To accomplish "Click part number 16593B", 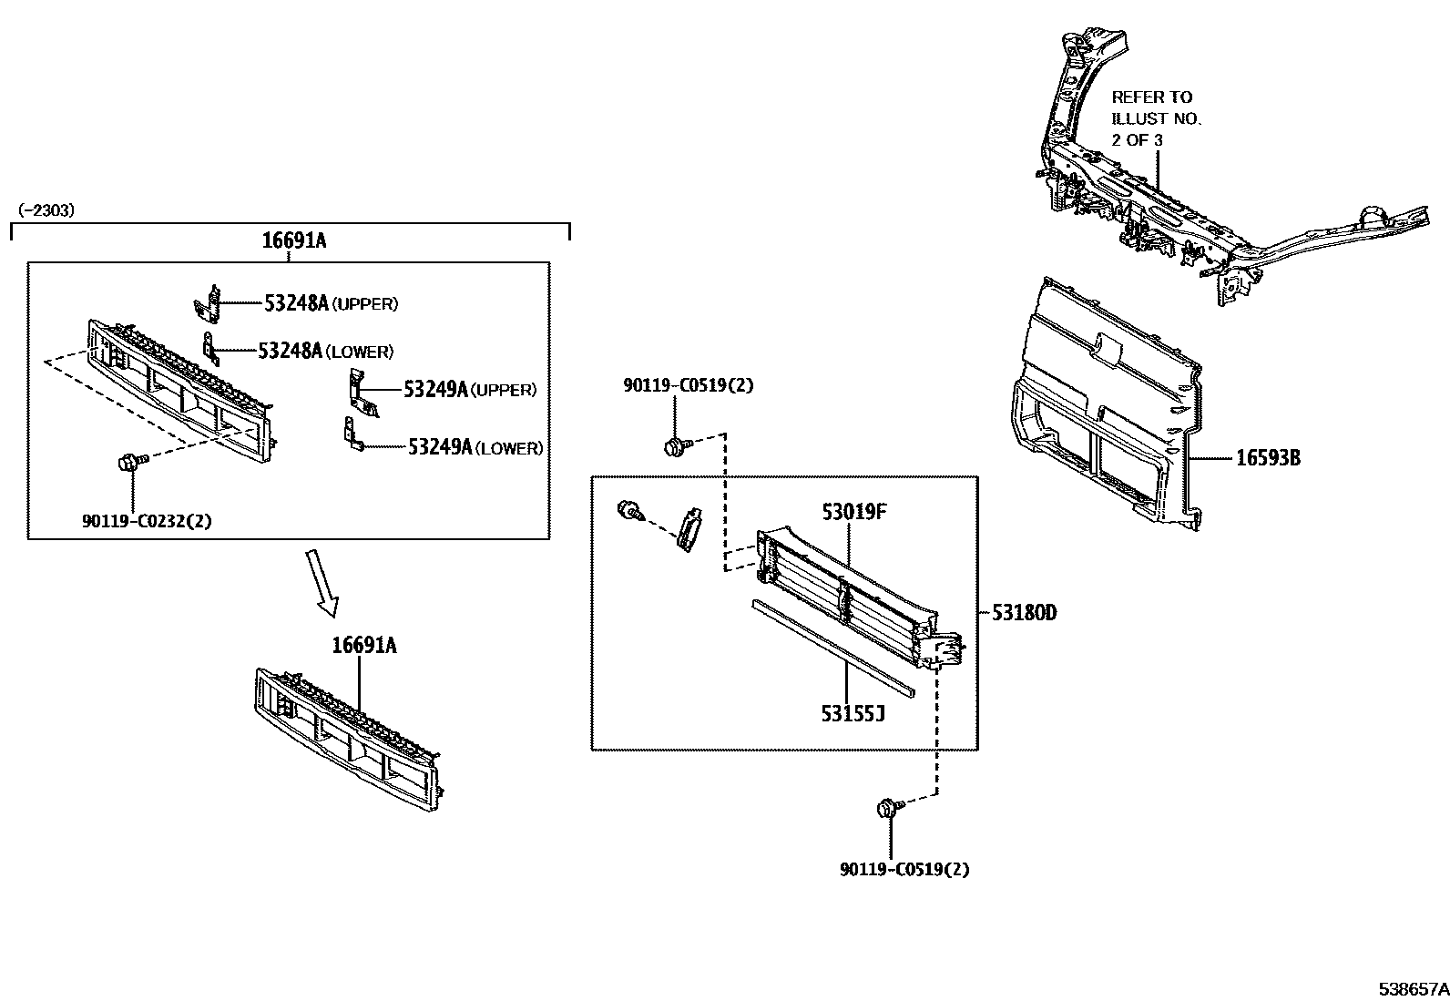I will tap(1268, 458).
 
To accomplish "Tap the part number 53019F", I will tap(853, 512).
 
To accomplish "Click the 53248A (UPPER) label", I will tap(331, 304).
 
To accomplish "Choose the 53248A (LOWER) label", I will tap(325, 352).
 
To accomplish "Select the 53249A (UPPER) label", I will tap(470, 390).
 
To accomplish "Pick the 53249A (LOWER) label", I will tap(475, 447).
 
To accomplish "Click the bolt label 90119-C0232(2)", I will tap(148, 521).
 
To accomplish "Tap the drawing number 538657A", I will tap(1413, 988).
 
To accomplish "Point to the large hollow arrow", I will tap(323, 583).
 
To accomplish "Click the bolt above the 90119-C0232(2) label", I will tap(129, 463).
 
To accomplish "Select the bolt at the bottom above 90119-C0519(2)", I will tap(888, 807).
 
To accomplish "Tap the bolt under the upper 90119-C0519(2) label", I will tap(676, 446).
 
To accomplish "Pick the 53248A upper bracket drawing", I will tap(209, 304).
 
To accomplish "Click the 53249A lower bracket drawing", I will tap(352, 434).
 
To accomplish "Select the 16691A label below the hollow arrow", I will tap(363, 646).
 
